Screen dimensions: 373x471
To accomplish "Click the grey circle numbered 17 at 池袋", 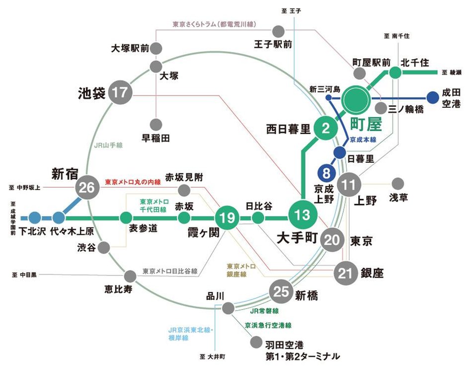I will pyautogui.click(x=119, y=93).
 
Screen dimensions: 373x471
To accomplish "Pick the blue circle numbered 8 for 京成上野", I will pyautogui.click(x=326, y=173).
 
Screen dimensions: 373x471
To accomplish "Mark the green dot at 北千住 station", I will pyautogui.click(x=395, y=73).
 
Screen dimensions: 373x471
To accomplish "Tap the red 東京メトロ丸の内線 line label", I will pyautogui.click(x=133, y=182).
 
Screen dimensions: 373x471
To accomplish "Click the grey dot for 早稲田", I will pyautogui.click(x=156, y=124).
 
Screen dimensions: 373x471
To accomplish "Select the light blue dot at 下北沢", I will pyautogui.click(x=34, y=217).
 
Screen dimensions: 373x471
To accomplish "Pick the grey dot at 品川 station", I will pyautogui.click(x=228, y=308).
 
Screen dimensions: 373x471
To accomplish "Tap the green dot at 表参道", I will pyautogui.click(x=125, y=218).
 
